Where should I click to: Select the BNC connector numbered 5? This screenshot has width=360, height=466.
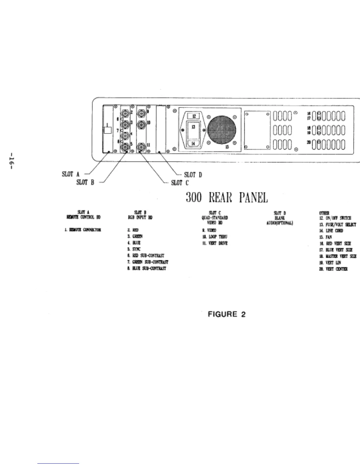tap(126, 146)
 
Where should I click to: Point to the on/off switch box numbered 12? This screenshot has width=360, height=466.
tap(194, 116)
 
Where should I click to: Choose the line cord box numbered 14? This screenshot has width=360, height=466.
tap(194, 143)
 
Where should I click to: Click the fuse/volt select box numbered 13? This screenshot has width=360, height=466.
tap(194, 129)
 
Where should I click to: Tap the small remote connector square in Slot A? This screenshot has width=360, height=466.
tap(108, 130)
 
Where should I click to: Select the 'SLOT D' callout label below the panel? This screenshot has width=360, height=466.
tap(193, 175)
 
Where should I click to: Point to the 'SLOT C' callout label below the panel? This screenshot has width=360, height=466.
tap(180, 183)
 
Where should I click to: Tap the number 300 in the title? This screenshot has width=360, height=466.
tap(194, 198)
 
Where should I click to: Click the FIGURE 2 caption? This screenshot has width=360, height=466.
tap(226, 314)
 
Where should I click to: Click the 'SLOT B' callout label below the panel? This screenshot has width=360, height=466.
tap(85, 182)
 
